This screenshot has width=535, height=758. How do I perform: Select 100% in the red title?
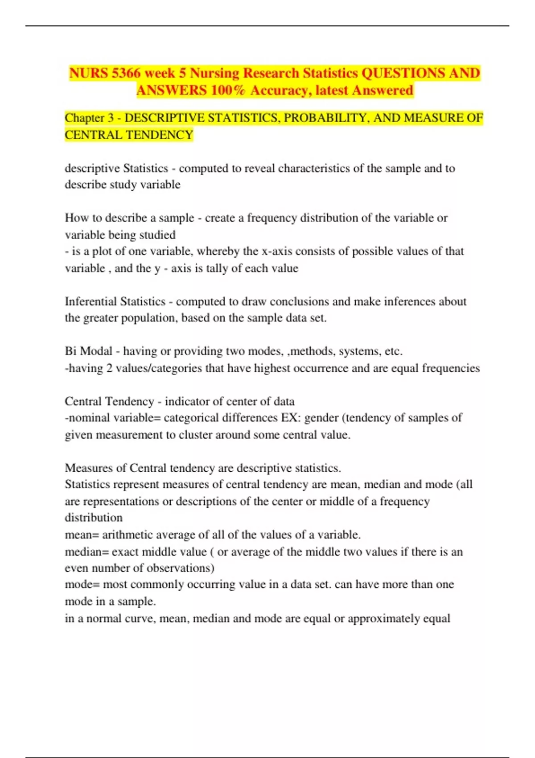coord(228,91)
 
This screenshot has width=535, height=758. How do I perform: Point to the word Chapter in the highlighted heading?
coord(84,118)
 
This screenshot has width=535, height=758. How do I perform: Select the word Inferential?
coord(91,302)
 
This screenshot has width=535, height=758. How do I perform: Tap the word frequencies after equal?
coord(451,368)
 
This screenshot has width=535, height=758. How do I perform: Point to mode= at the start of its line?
coord(82,585)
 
